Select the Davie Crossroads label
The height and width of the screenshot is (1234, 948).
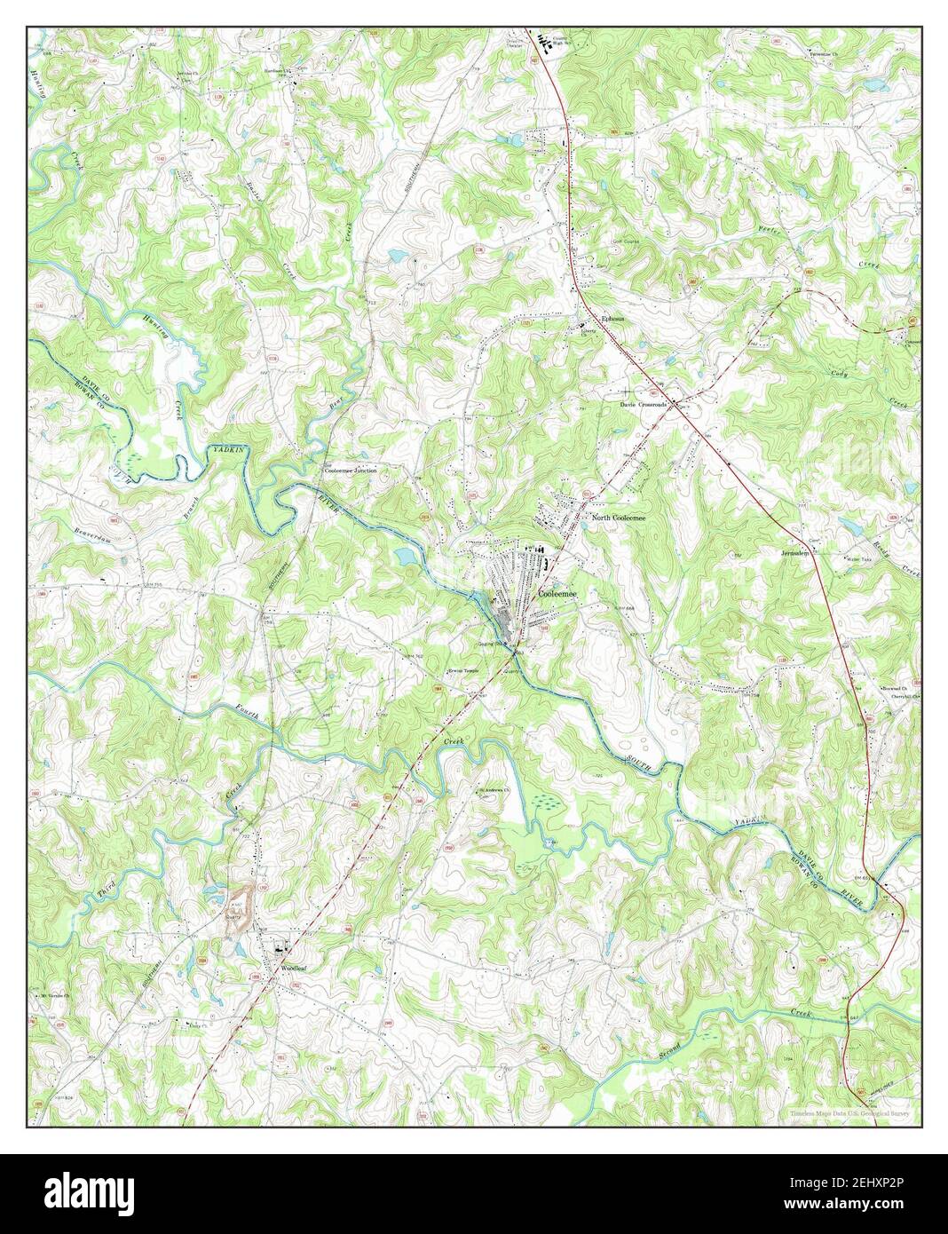point(643,404)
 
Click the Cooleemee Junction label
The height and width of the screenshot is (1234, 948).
point(356,471)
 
